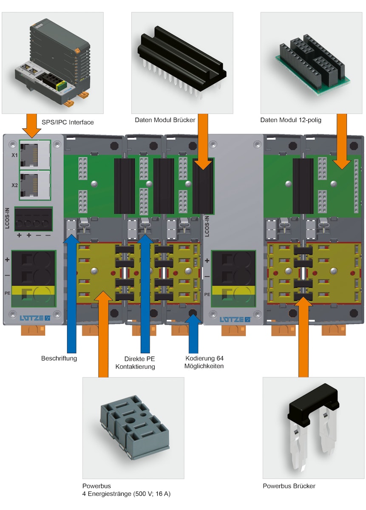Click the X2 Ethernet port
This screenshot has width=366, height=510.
[35, 185]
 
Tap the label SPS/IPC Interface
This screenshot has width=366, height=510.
[68, 123]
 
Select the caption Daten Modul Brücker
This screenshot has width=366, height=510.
[165, 120]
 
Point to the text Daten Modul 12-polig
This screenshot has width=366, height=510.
[291, 120]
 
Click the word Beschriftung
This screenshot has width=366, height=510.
[59, 358]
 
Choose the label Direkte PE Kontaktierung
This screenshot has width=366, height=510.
[139, 363]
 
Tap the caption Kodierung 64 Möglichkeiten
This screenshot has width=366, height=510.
[204, 363]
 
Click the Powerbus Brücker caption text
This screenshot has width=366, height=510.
[289, 486]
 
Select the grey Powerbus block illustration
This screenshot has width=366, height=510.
[133, 429]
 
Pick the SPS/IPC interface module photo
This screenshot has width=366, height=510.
[53, 62]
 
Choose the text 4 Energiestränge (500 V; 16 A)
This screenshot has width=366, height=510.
[127, 494]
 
